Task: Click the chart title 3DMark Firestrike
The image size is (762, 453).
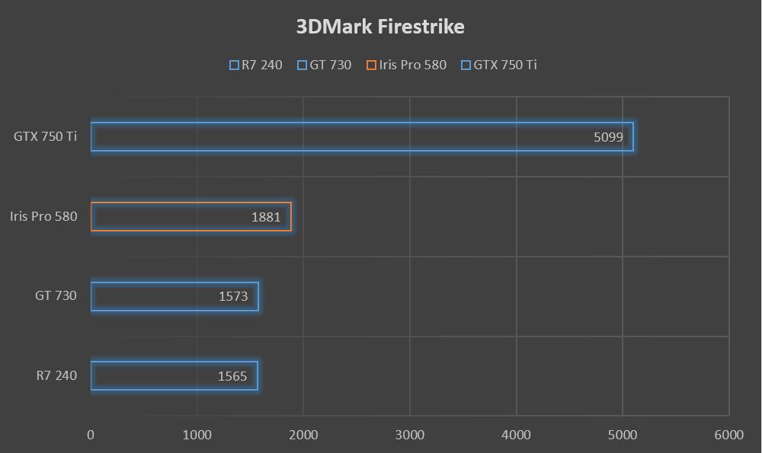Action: pos(380,27)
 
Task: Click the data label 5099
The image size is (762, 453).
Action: pos(608,138)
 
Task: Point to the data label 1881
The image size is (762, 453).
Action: pos(266,217)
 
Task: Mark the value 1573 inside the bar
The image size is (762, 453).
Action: pos(233,296)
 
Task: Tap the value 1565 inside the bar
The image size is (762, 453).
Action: pos(232,376)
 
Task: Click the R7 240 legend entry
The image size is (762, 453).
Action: pos(256,65)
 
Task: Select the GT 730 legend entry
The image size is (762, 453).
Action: pos(325,65)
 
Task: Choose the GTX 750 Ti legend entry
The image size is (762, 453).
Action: pos(499,65)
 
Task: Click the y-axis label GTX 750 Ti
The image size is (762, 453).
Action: pos(45,137)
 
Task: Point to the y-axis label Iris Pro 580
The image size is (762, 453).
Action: pos(43,216)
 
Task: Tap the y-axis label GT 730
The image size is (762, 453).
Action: pos(56,295)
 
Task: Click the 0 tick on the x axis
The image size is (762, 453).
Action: pos(91,435)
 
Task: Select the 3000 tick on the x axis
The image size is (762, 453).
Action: pos(410,435)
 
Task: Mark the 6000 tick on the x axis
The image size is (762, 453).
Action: pos(728,435)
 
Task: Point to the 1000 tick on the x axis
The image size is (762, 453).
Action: pos(197,435)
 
